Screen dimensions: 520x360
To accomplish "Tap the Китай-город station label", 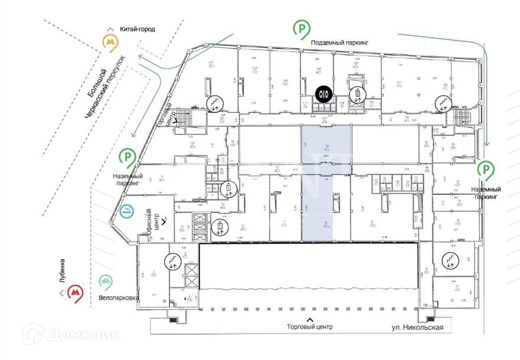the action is click(x=137, y=29).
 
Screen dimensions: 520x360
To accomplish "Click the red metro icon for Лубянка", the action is click(x=75, y=292).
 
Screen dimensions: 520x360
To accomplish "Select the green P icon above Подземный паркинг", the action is click(x=302, y=28).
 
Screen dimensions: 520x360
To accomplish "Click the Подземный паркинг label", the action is click(x=339, y=43).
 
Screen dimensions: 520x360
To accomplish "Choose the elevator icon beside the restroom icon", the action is click(x=358, y=94).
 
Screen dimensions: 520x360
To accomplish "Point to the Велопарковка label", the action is click(x=119, y=298).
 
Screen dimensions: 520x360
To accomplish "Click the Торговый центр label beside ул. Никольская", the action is click(x=310, y=326).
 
